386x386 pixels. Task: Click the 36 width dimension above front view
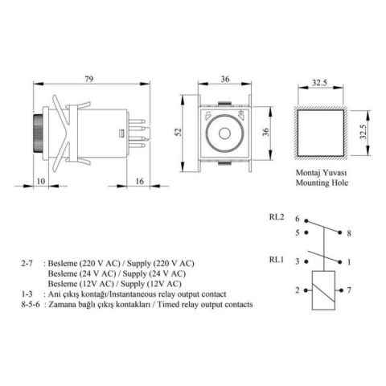224,79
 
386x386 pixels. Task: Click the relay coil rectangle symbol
322,289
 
